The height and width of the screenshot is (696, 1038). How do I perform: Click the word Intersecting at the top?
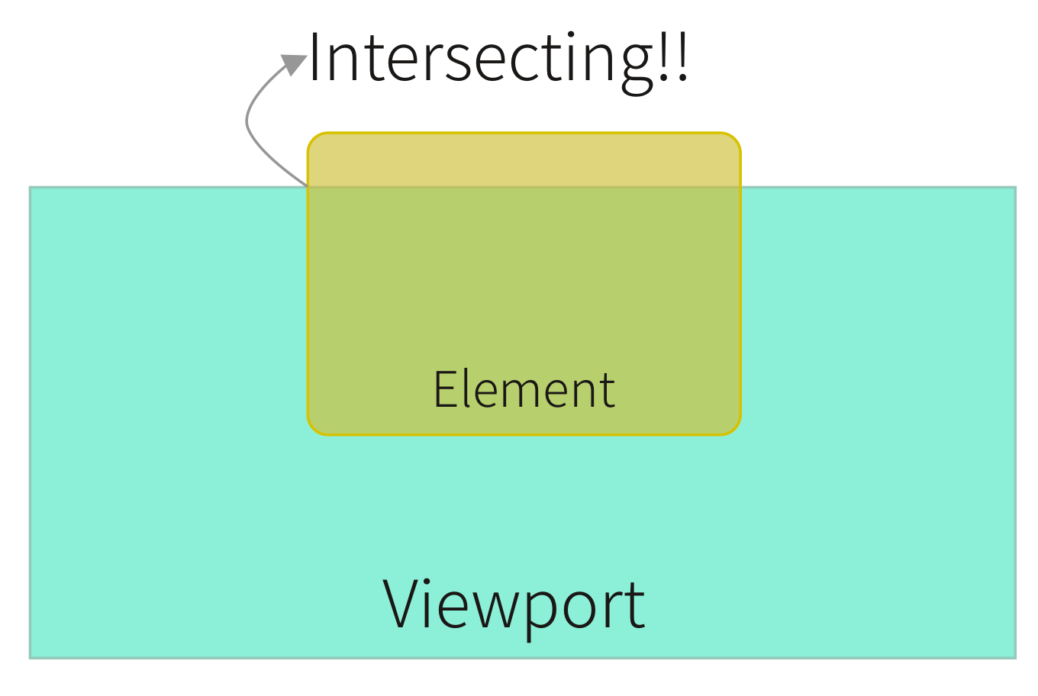click(481, 60)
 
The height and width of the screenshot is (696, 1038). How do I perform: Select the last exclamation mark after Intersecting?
click(682, 58)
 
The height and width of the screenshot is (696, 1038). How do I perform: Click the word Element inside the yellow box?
click(524, 390)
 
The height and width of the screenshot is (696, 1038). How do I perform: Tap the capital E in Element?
click(443, 390)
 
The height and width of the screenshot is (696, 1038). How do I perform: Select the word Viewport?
click(514, 604)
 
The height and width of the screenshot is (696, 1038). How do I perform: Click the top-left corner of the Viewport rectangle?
click(31, 188)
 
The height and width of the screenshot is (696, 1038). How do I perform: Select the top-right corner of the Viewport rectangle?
click(1015, 188)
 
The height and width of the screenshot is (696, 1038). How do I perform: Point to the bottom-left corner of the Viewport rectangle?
click(31, 656)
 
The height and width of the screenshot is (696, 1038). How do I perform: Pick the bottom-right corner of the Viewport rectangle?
click(1015, 656)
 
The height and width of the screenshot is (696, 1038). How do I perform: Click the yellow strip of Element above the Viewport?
click(524, 160)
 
